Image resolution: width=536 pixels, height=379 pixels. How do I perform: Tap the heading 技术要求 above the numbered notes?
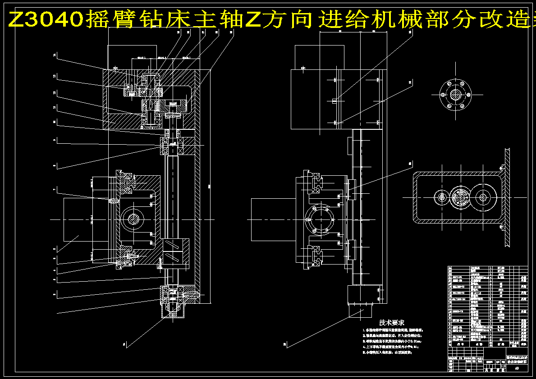[x=391, y=323]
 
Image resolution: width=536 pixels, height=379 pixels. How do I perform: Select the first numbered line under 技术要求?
[x=392, y=330]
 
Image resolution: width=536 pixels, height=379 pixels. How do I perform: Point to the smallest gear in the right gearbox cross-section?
[x=440, y=196]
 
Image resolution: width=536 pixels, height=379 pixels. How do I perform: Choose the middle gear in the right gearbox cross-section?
[x=460, y=196]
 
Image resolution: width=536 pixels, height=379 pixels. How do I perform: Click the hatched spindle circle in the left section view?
[x=133, y=219]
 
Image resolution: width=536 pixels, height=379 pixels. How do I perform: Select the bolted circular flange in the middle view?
[x=319, y=219]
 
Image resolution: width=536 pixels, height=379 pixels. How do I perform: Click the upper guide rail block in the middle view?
[x=315, y=180]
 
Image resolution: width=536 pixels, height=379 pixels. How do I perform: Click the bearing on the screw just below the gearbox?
[x=173, y=145]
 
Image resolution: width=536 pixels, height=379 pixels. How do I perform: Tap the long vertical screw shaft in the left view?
[x=173, y=194]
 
